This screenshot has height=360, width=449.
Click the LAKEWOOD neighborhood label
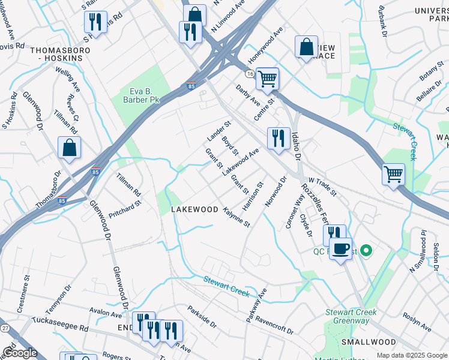click(194, 209)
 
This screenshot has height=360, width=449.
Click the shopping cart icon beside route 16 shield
click(267, 79)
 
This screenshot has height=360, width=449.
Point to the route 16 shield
click(249, 73)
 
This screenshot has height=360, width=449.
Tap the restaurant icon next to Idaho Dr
click(278, 139)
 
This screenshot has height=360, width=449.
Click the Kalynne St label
click(236, 218)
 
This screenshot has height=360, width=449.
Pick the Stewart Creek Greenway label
click(351, 316)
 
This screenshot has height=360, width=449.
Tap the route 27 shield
click(5, 328)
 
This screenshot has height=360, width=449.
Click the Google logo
click(20, 353)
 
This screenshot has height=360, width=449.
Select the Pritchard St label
click(125, 208)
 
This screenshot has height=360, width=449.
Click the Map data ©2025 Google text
click(411, 355)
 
